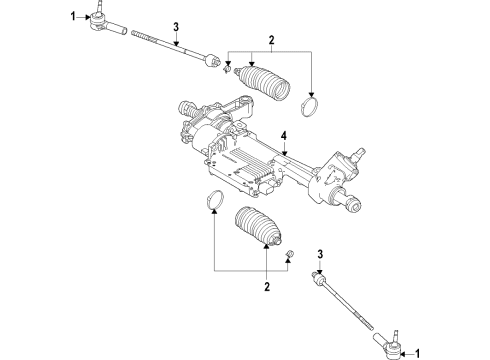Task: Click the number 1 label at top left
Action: [x=73, y=16]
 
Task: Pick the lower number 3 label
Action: [x=318, y=255]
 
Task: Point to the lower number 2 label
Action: [x=265, y=287]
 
